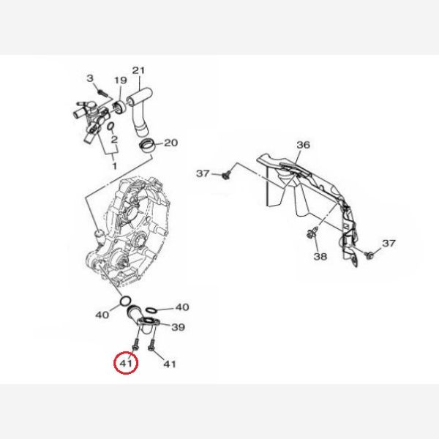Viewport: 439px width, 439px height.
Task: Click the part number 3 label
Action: (x=89, y=78)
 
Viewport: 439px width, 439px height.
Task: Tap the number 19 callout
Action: (x=121, y=80)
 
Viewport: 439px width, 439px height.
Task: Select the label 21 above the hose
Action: (x=138, y=70)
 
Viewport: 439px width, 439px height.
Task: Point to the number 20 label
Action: (x=170, y=143)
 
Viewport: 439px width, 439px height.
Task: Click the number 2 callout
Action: (x=114, y=140)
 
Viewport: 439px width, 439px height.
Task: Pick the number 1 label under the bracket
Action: (x=115, y=166)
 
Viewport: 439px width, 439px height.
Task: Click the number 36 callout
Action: (x=303, y=145)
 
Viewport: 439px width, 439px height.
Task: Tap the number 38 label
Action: (x=320, y=256)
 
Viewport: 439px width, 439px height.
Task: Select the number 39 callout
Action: (x=178, y=327)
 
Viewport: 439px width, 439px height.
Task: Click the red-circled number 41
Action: (x=126, y=364)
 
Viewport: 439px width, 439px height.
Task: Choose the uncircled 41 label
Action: (x=170, y=364)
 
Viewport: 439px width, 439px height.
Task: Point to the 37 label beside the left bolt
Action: (x=203, y=173)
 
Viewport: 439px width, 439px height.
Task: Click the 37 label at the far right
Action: (x=389, y=244)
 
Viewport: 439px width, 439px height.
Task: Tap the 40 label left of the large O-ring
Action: (x=102, y=315)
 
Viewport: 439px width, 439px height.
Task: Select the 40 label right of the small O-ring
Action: (x=182, y=307)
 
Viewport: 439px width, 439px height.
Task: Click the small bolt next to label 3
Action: (x=103, y=92)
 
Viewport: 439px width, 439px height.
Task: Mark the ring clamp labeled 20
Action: (x=148, y=146)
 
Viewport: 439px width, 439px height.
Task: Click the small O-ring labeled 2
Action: (x=110, y=127)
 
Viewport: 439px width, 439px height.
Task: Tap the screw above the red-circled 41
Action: (x=135, y=344)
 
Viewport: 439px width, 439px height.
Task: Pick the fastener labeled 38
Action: (x=312, y=233)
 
